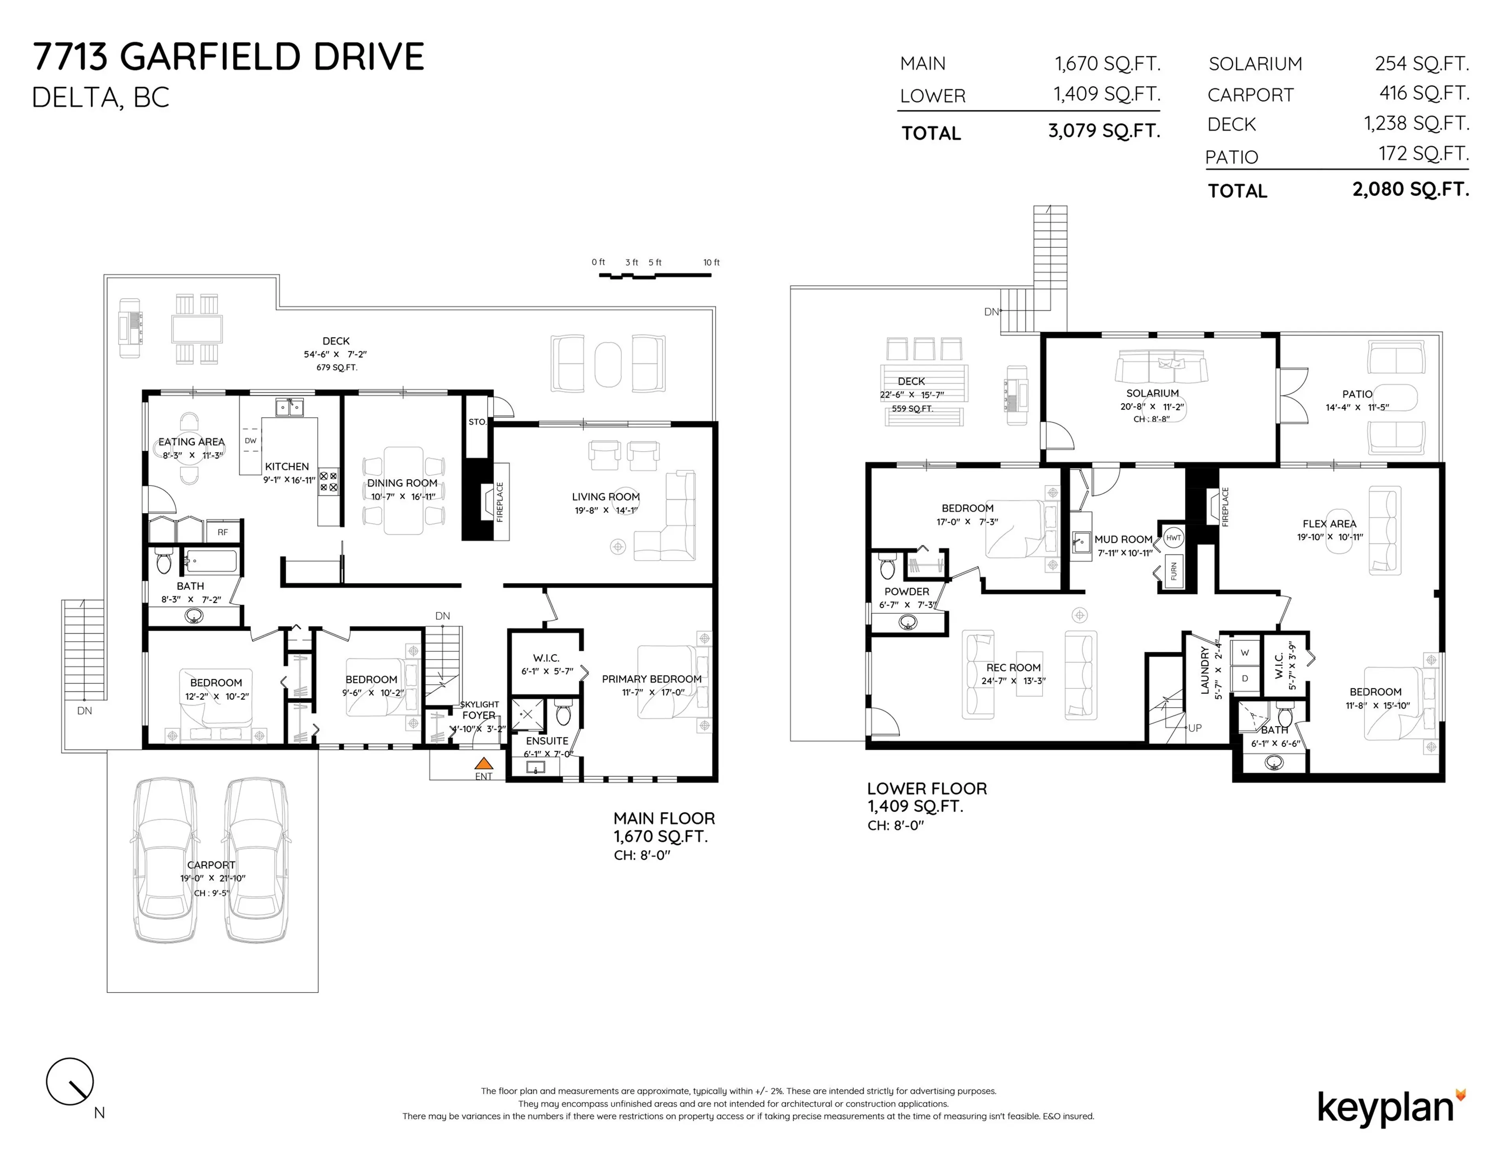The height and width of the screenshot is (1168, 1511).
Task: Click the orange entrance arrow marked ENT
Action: (x=484, y=764)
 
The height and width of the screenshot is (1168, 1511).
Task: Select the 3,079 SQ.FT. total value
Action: (x=1103, y=131)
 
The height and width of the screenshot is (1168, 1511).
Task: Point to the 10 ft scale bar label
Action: (x=711, y=262)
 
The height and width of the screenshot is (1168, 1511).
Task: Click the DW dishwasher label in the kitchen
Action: (x=250, y=441)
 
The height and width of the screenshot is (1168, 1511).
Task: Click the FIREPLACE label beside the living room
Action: (x=499, y=502)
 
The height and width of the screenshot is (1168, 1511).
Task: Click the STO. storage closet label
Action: (x=477, y=421)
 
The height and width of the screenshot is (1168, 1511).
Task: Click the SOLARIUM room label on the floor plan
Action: (x=1152, y=393)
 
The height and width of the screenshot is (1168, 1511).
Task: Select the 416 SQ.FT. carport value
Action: (x=1424, y=93)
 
